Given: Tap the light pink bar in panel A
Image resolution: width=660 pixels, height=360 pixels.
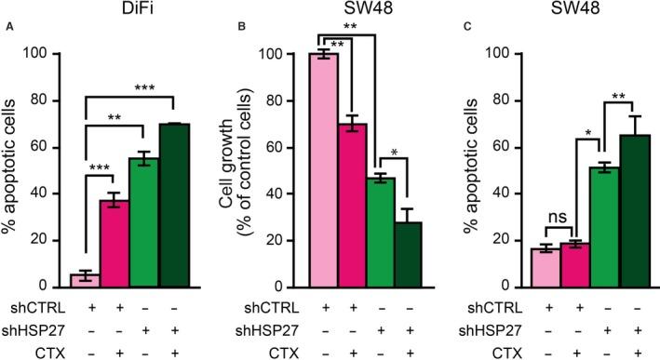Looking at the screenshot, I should (x=85, y=281).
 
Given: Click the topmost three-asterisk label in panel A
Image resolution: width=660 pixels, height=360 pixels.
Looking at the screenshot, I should (x=141, y=86).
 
